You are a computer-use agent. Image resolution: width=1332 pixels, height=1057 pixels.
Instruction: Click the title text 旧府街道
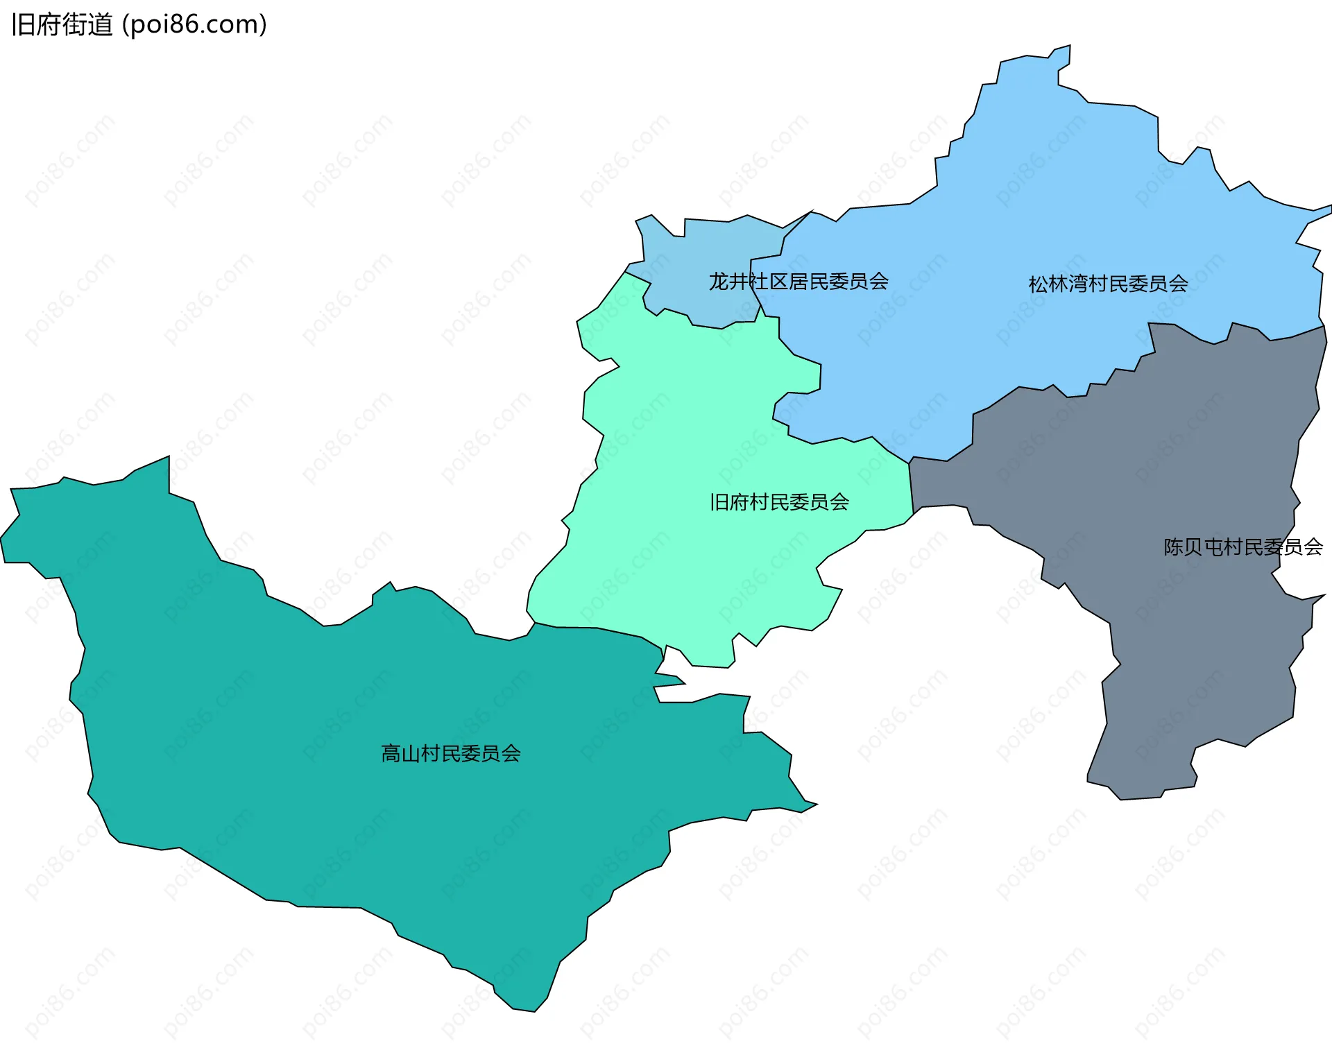click(62, 25)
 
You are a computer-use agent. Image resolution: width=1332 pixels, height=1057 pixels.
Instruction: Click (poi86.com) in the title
click(194, 25)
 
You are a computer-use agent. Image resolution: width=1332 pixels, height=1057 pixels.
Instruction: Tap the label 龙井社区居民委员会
click(798, 282)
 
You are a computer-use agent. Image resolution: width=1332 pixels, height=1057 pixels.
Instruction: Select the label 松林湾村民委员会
click(1108, 284)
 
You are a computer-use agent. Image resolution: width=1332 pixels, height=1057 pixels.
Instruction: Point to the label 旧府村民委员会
click(779, 502)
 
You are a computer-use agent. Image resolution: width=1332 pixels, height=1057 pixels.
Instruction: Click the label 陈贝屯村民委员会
click(1243, 547)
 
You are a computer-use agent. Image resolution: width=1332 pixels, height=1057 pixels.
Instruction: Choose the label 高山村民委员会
click(451, 753)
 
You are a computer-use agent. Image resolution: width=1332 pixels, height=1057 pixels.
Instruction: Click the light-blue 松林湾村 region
click(1041, 208)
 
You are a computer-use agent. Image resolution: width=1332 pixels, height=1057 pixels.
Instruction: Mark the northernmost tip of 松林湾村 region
click(1070, 46)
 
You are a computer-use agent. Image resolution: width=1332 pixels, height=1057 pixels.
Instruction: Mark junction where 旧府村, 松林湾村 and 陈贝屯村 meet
click(910, 463)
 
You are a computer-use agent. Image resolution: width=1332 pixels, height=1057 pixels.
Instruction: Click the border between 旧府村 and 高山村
click(597, 628)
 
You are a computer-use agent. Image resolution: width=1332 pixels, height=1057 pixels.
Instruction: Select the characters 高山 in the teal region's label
click(400, 753)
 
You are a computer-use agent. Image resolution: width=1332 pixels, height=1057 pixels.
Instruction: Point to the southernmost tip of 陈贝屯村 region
click(1120, 799)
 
